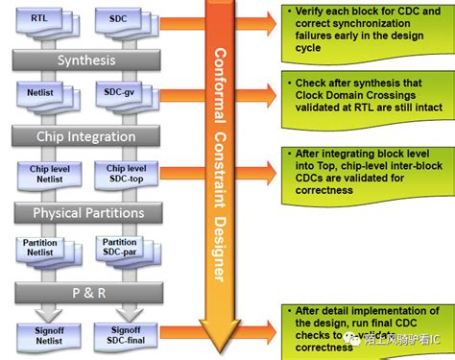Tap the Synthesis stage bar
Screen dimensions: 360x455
click(87, 60)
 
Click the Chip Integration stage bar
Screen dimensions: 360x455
click(87, 136)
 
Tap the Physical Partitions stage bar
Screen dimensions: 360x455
click(87, 211)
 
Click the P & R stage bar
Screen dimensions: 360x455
click(87, 289)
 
